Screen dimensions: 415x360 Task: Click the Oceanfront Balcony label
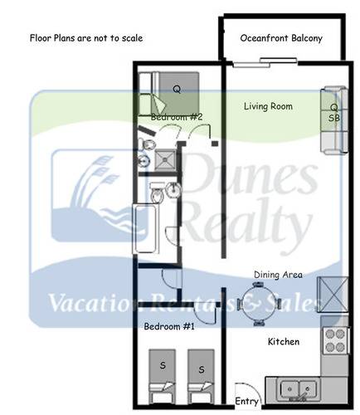(280, 38)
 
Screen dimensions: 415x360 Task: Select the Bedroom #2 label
(176, 118)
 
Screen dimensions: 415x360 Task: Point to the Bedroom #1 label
(169, 326)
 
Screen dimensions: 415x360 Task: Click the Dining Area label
(278, 275)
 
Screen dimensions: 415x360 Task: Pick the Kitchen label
(283, 341)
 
